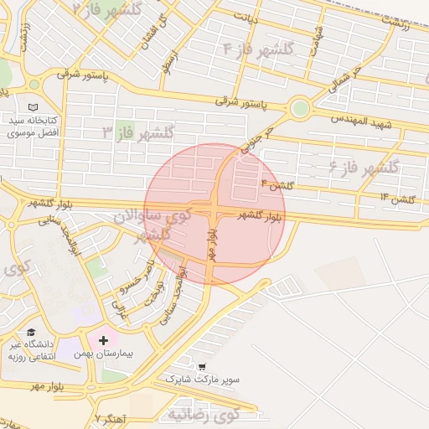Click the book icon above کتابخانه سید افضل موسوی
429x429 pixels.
(33, 108)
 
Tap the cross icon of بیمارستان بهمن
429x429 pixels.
(103, 340)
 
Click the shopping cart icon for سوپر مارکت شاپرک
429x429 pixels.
(201, 366)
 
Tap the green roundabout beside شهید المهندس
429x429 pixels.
(299, 107)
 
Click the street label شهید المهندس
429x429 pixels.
(361, 124)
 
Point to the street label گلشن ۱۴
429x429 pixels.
(397, 198)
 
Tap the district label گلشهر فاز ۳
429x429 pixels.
(138, 132)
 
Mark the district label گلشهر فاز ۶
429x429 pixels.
(364, 166)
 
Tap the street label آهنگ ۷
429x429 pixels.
(110, 416)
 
